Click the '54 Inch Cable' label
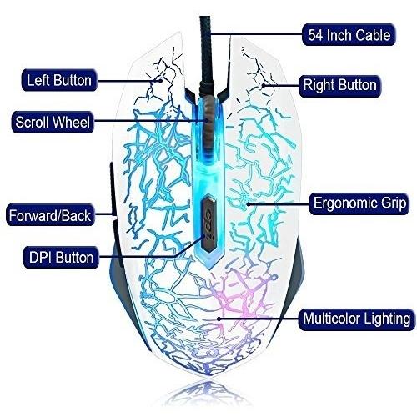click(349, 35)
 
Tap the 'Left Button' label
click(59, 80)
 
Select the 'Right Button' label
click(339, 86)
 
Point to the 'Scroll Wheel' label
click(53, 122)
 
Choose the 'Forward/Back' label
click(50, 215)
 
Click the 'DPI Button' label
click(61, 257)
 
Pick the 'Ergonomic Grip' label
click(359, 203)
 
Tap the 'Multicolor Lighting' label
click(357, 319)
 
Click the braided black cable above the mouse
click(207, 56)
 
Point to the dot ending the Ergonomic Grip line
click(249, 204)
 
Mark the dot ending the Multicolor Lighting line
click(219, 319)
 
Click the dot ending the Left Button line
click(160, 81)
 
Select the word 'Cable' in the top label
click(373, 35)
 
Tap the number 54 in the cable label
click(315, 35)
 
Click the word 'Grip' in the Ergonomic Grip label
click(394, 203)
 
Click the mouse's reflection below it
click(206, 394)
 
